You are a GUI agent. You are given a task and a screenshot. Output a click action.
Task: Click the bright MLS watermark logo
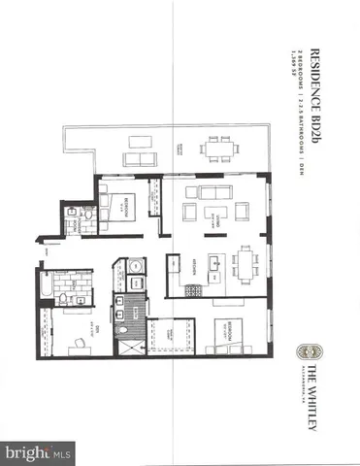pyautogui.click(x=39, y=452)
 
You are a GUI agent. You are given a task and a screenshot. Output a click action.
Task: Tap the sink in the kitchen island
pyautogui.click(x=223, y=260)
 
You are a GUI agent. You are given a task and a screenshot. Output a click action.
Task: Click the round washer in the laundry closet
pyautogui.click(x=135, y=265)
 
